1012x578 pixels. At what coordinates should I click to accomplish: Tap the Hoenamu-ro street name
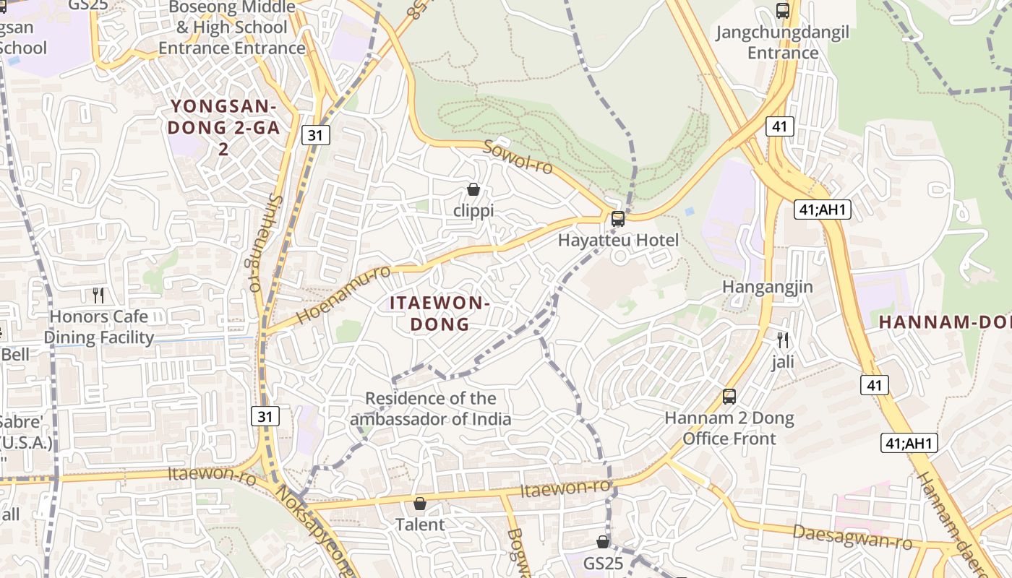point(343,295)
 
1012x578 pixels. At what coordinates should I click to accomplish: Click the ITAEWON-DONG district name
point(439,313)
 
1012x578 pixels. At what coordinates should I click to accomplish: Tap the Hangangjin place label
point(768,287)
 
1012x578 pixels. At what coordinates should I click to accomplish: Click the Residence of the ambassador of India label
point(431,408)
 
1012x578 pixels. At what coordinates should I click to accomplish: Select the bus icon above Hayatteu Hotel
point(618,218)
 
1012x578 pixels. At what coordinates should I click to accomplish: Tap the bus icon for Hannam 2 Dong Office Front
point(729,396)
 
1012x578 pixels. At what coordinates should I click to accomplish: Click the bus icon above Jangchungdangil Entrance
point(782,11)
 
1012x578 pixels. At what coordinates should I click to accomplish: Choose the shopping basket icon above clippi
point(473,189)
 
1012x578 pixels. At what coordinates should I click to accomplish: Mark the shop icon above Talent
point(420,503)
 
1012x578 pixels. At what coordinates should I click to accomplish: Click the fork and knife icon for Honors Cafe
point(99,295)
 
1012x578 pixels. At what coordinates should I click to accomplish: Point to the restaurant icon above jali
point(782,340)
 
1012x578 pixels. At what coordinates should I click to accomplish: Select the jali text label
point(782,361)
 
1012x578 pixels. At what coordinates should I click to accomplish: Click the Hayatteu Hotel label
point(618,240)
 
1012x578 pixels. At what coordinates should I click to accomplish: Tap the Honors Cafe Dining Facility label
point(99,327)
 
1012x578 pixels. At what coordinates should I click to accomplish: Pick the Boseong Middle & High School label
point(231,27)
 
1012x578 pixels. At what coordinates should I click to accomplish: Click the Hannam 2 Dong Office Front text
point(729,428)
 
